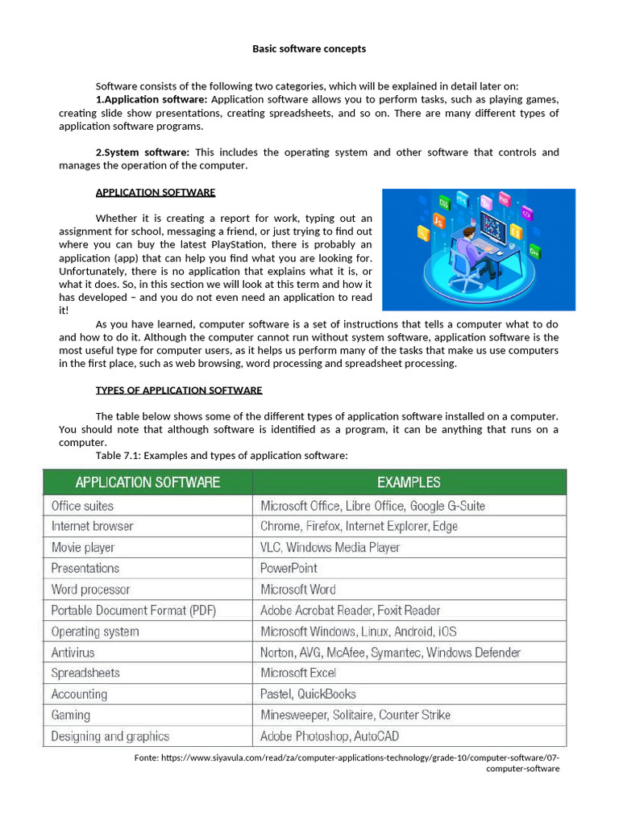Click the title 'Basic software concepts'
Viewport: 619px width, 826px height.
(309, 49)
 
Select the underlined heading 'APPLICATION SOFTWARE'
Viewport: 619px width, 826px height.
(156, 192)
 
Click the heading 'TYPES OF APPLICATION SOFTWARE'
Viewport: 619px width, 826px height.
(179, 390)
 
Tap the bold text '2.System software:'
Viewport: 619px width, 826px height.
(143, 152)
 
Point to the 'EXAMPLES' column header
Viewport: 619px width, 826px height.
(409, 482)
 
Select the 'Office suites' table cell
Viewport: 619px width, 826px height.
(82, 506)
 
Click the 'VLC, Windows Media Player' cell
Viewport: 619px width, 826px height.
(330, 547)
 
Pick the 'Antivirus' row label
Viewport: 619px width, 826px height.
(73, 652)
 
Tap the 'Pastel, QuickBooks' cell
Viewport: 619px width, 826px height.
(308, 694)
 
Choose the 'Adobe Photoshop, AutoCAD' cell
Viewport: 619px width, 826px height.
(329, 736)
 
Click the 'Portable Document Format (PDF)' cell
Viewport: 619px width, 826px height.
(133, 610)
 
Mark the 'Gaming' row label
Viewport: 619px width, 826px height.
(71, 715)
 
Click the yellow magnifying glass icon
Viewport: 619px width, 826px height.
(422, 234)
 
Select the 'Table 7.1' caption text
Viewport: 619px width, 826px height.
(222, 456)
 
